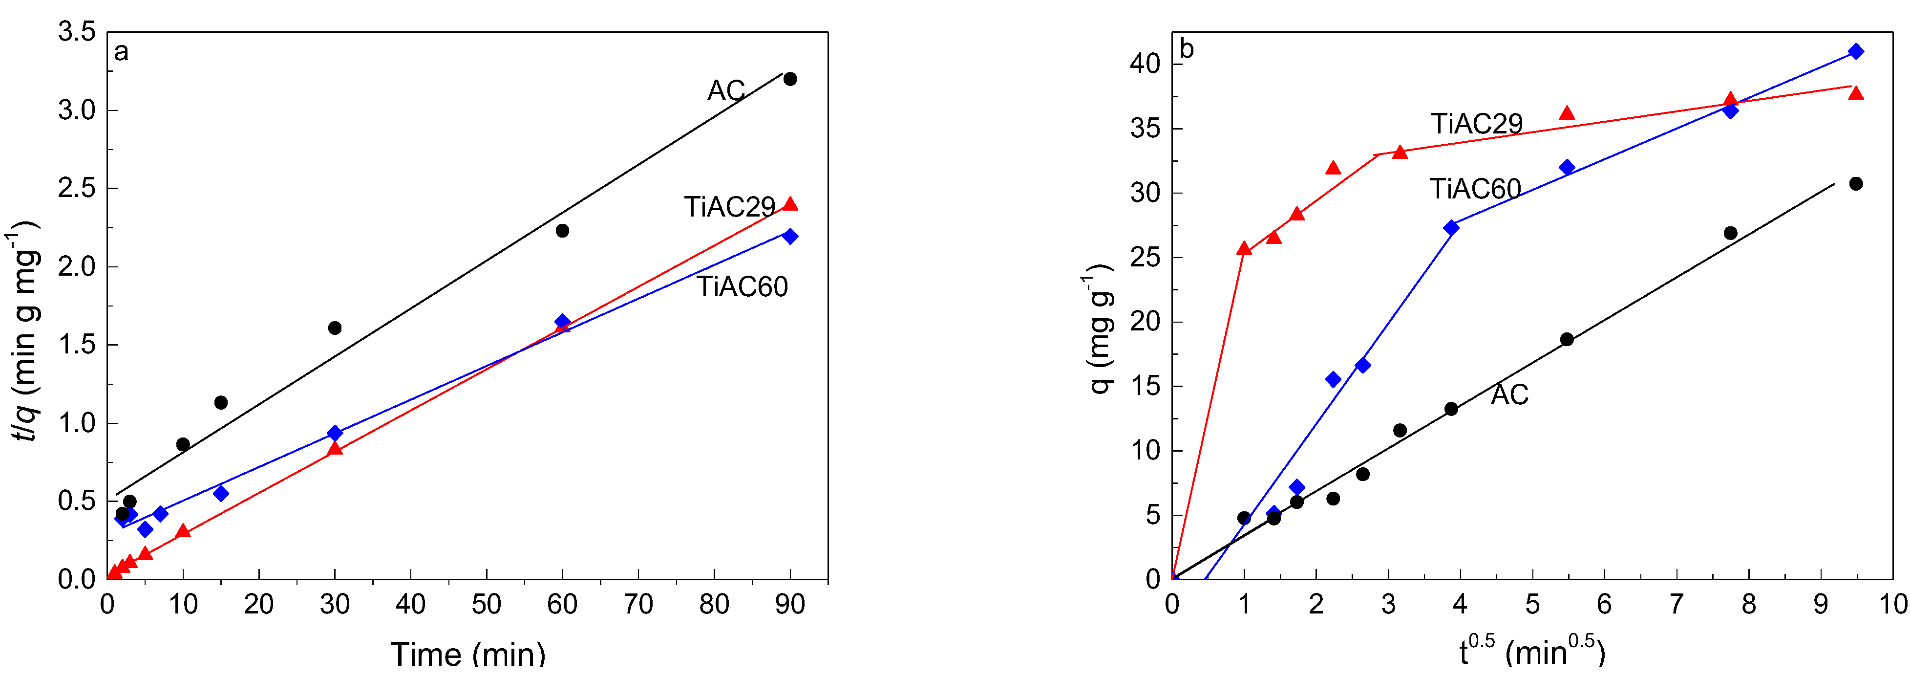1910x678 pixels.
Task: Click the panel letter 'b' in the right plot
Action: tap(1187, 50)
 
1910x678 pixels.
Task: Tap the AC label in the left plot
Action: tap(725, 90)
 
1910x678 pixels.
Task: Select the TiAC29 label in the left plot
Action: tap(729, 207)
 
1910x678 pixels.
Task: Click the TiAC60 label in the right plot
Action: tap(1475, 189)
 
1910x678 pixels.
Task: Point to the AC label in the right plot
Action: tap(1509, 394)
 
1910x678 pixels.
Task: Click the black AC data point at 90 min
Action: tap(790, 79)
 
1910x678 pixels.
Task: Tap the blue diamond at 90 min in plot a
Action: tap(790, 237)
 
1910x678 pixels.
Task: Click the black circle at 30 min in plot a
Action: tap(335, 328)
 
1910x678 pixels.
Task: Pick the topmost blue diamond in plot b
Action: tap(1856, 51)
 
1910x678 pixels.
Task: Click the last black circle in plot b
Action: tap(1856, 184)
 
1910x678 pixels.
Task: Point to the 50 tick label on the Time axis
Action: tap(487, 605)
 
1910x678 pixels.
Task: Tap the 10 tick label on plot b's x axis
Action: tap(1893, 605)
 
